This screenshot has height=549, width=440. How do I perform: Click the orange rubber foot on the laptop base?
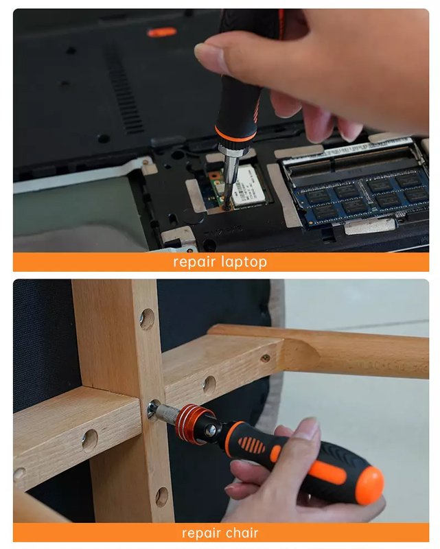162,32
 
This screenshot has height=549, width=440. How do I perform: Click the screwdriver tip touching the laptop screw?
227,207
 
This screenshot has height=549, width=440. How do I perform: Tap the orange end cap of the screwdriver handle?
369,486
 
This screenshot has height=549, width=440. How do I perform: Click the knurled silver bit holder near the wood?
166,413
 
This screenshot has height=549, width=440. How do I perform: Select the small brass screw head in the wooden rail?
266,358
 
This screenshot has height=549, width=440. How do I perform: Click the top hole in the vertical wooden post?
147,318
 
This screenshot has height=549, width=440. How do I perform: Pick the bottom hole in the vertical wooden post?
161,496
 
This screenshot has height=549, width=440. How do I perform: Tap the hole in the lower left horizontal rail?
90,440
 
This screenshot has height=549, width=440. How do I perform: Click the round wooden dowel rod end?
302,355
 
